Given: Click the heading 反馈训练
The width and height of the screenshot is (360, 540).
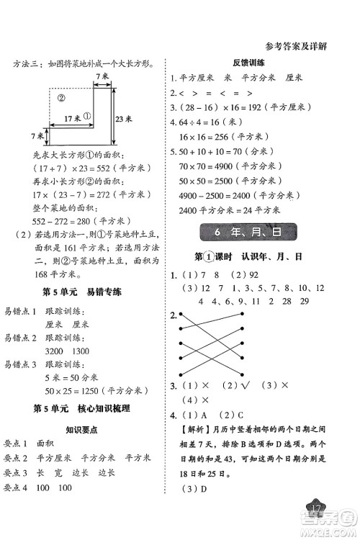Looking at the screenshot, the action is pos(247,63).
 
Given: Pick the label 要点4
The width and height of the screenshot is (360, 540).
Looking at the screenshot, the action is pos(19,489).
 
